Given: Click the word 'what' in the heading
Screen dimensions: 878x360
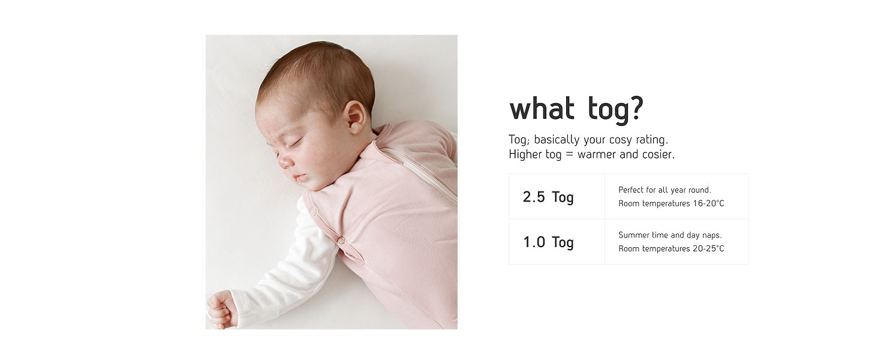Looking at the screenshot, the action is pyautogui.click(x=542, y=109).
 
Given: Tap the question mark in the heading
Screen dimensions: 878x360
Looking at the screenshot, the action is pyautogui.click(x=636, y=108).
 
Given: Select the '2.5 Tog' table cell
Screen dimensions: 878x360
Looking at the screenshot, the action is pyautogui.click(x=557, y=196).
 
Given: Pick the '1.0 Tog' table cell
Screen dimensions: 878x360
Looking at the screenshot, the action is pyautogui.click(x=557, y=242).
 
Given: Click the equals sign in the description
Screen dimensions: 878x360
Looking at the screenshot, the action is pyautogui.click(x=570, y=155).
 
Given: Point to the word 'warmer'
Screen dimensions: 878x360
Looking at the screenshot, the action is pyautogui.click(x=597, y=155).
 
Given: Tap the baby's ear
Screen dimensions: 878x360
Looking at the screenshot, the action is pyautogui.click(x=354, y=117).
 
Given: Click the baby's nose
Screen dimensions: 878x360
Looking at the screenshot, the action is pyautogui.click(x=285, y=160).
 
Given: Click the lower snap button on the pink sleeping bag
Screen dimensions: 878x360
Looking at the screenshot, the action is pyautogui.click(x=341, y=241).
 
